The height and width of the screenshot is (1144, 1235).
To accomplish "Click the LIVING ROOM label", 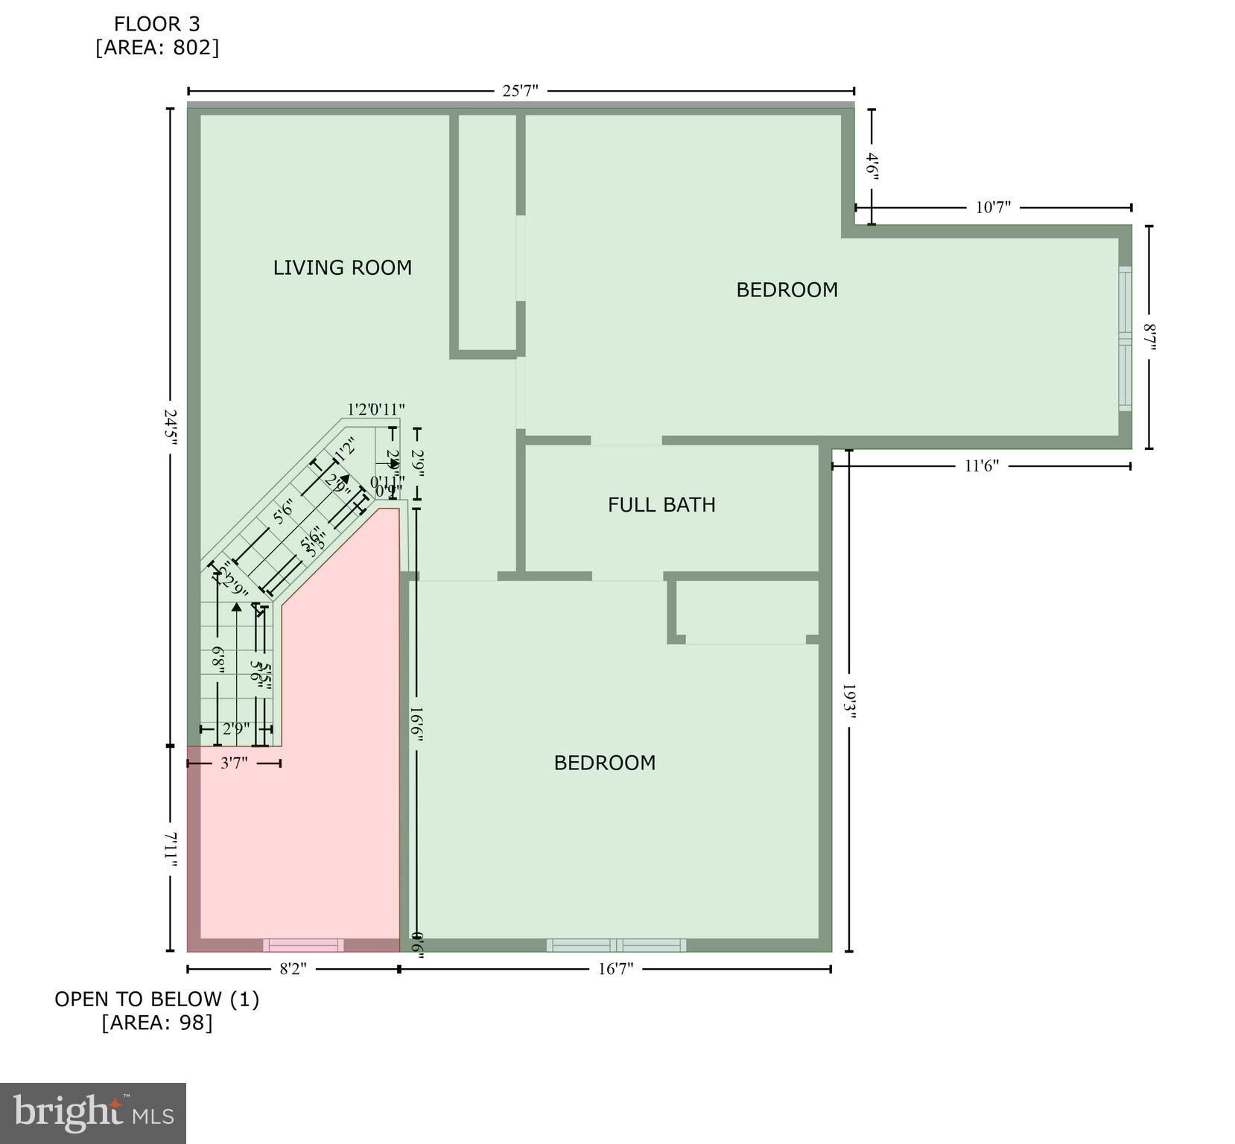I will pos(342,267).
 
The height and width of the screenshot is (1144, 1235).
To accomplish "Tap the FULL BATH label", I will pos(661,505).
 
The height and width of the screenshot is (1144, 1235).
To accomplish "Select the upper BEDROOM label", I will pos(787,290).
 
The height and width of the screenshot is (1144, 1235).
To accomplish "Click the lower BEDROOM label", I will pos(604,763).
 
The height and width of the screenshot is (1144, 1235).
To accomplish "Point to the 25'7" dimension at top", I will pos(520,91).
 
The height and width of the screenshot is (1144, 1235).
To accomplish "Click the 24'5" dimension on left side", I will pos(171,427).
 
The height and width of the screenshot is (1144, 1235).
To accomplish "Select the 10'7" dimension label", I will pos(993,207).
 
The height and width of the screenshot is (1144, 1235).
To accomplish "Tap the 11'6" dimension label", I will pos(981,466).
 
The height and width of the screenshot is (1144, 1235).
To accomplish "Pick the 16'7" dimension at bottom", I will pos(615,969).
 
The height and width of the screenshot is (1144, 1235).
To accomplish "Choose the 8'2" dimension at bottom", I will pos(293,969).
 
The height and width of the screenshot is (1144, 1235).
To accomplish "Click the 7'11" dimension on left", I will pos(171,849).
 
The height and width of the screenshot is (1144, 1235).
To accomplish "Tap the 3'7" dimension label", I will pos(234,763).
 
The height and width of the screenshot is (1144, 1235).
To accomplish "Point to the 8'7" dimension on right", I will pos(1149,337).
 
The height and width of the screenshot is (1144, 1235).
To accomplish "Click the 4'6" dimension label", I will pos(872,165).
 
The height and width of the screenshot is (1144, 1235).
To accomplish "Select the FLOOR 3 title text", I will pos(156,24).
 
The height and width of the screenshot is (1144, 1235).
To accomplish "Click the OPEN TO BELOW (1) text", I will pos(156,999).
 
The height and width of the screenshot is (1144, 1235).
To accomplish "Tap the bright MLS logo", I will pos(93,1113).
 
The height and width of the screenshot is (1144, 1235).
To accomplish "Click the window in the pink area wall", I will pos(303,945).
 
